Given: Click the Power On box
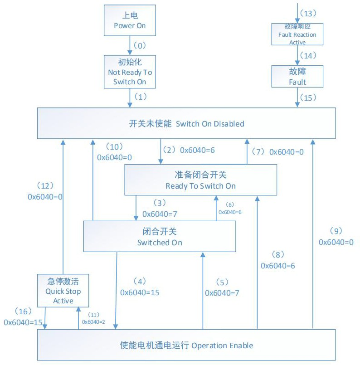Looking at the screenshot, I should click(x=130, y=20).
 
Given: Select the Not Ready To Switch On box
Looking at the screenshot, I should click(x=130, y=72).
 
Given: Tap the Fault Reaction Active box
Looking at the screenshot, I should click(x=297, y=34).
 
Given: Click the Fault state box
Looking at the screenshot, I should click(x=297, y=76).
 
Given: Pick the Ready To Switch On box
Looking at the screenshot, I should click(x=200, y=180).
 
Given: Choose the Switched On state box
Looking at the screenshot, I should click(x=159, y=236).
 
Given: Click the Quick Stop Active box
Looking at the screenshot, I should click(x=63, y=290).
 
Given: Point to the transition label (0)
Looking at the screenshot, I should click(x=141, y=45).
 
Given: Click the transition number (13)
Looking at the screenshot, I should click(x=310, y=12).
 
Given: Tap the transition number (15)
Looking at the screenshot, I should click(x=310, y=97).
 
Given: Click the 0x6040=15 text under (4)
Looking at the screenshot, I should click(x=140, y=292).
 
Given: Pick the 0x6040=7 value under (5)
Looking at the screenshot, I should click(x=222, y=293).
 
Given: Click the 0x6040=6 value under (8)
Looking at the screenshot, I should click(x=277, y=266).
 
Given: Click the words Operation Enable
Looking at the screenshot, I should click(x=222, y=346).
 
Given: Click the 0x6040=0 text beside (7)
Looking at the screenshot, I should click(x=287, y=152).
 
